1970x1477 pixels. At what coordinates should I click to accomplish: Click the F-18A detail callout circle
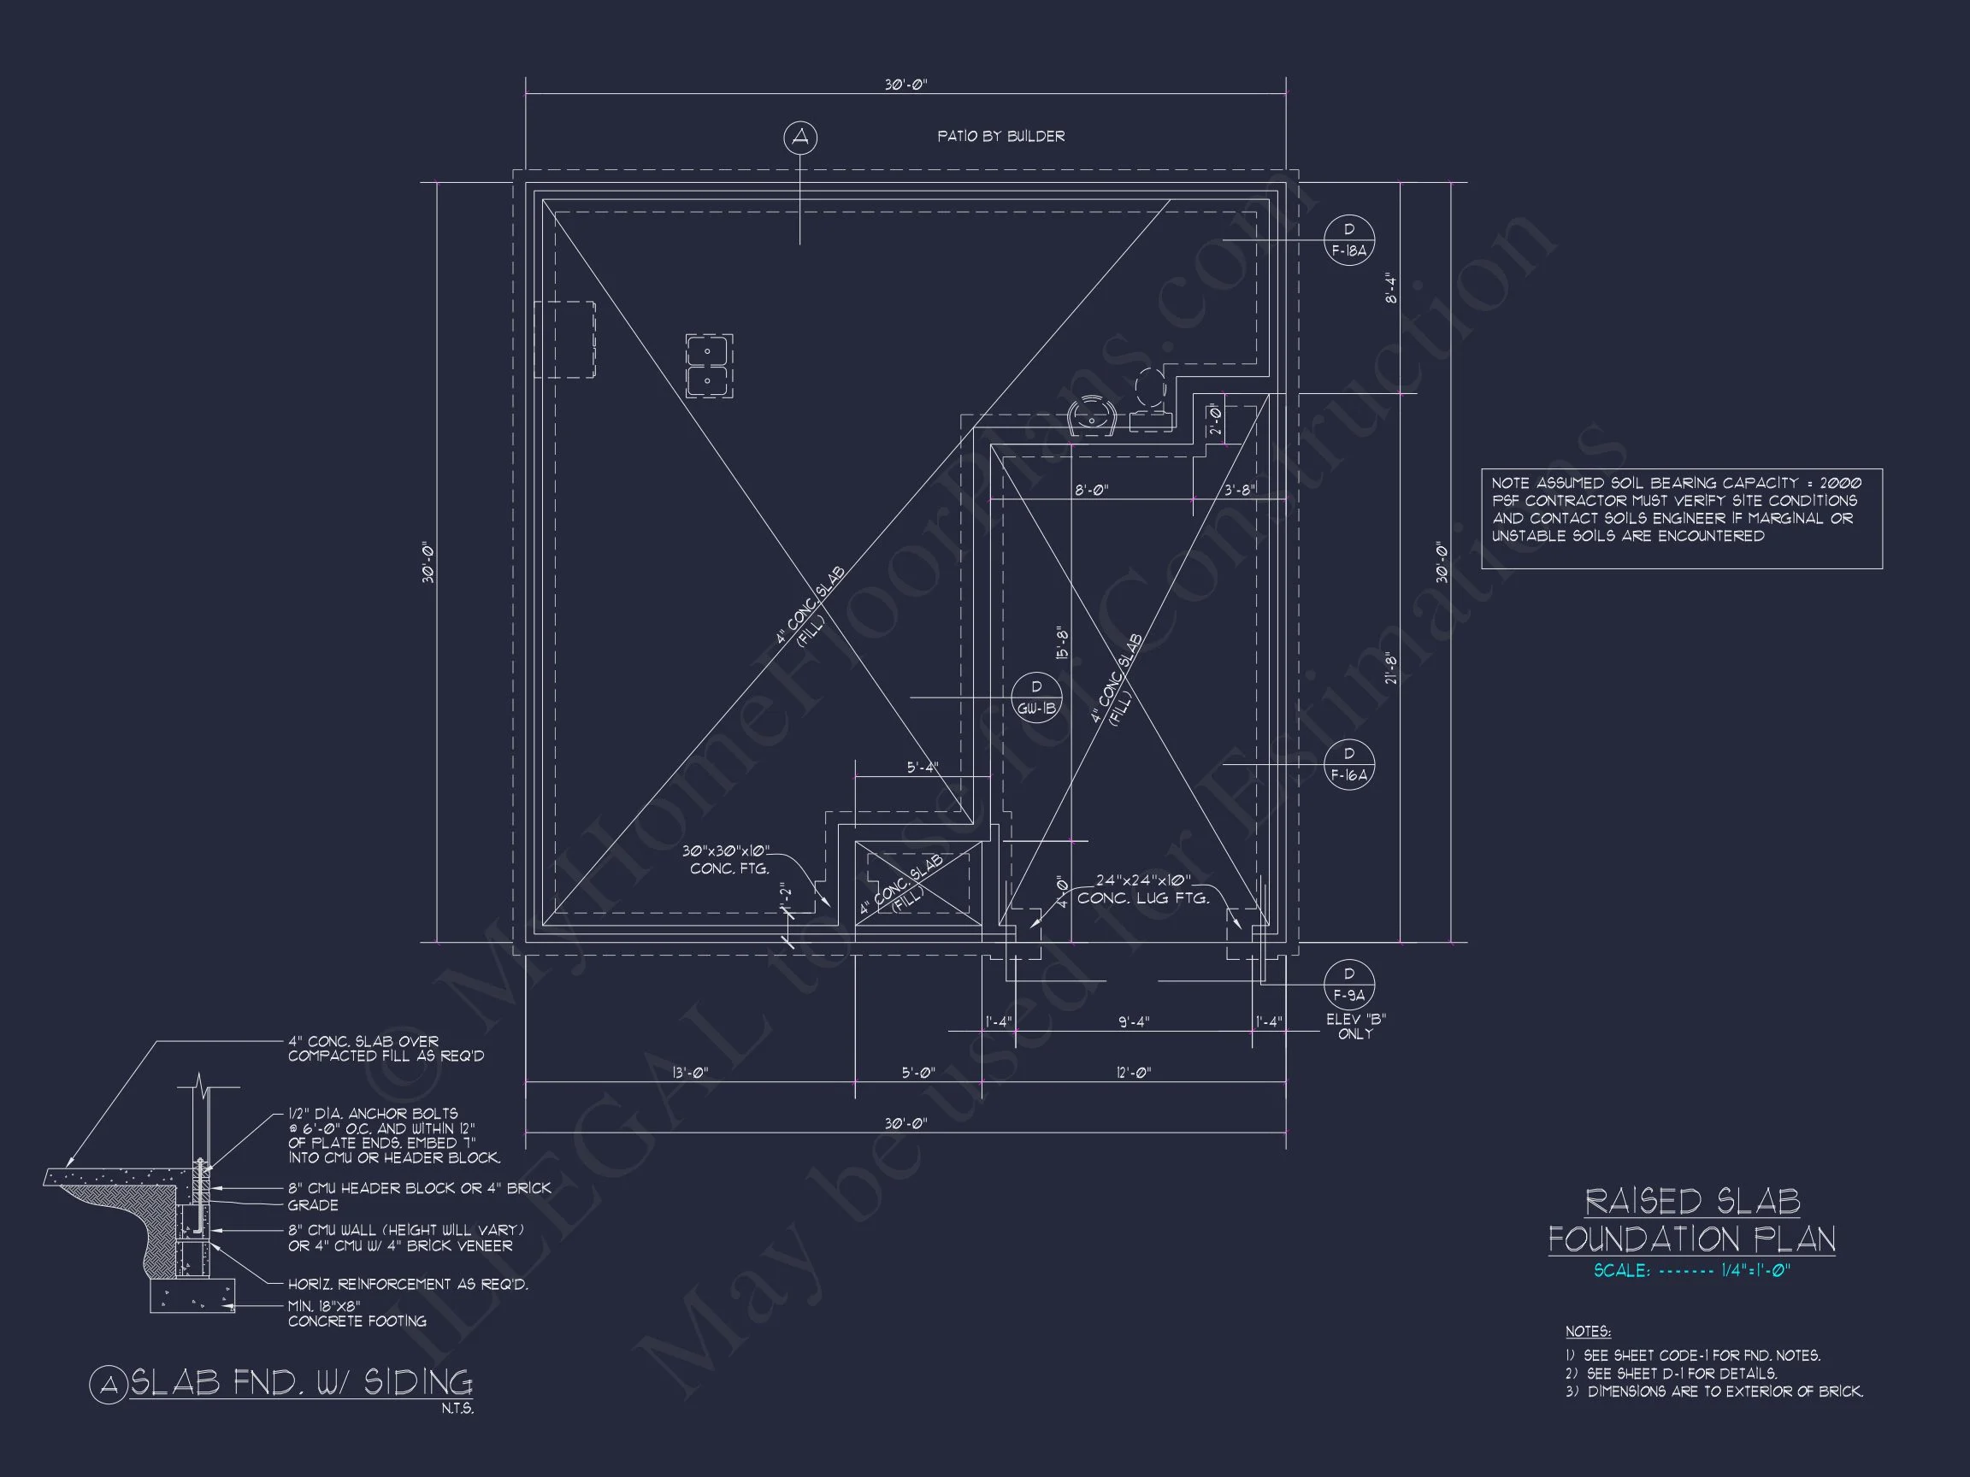coord(1349,240)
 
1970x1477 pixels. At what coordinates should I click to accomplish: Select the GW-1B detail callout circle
coord(1036,697)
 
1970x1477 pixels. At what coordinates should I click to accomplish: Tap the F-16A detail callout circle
coord(1349,765)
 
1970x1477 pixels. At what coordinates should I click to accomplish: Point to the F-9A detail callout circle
coord(1349,984)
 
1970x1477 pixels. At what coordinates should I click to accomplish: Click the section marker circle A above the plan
coord(800,137)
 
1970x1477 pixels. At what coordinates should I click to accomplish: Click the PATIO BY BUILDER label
coord(1001,136)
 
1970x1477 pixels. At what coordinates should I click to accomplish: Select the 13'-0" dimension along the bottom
coord(689,1073)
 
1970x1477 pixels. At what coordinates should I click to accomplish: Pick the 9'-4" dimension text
coord(1134,1022)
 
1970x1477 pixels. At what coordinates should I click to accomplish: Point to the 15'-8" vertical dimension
coord(1063,644)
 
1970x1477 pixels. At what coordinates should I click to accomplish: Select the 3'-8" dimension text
coord(1239,490)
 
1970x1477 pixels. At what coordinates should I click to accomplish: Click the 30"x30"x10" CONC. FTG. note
coord(728,860)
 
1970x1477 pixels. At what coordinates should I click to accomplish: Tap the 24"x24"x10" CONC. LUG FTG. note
coord(1143,890)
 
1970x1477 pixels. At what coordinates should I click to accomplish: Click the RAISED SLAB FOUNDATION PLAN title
coord(1692,1221)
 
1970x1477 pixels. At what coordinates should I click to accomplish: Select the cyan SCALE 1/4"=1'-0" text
coord(1692,1271)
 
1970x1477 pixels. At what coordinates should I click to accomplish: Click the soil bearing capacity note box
coord(1683,519)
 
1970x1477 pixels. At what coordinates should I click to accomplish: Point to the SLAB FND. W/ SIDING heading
coord(301,1384)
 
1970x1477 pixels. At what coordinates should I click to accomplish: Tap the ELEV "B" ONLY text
coord(1355,1027)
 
